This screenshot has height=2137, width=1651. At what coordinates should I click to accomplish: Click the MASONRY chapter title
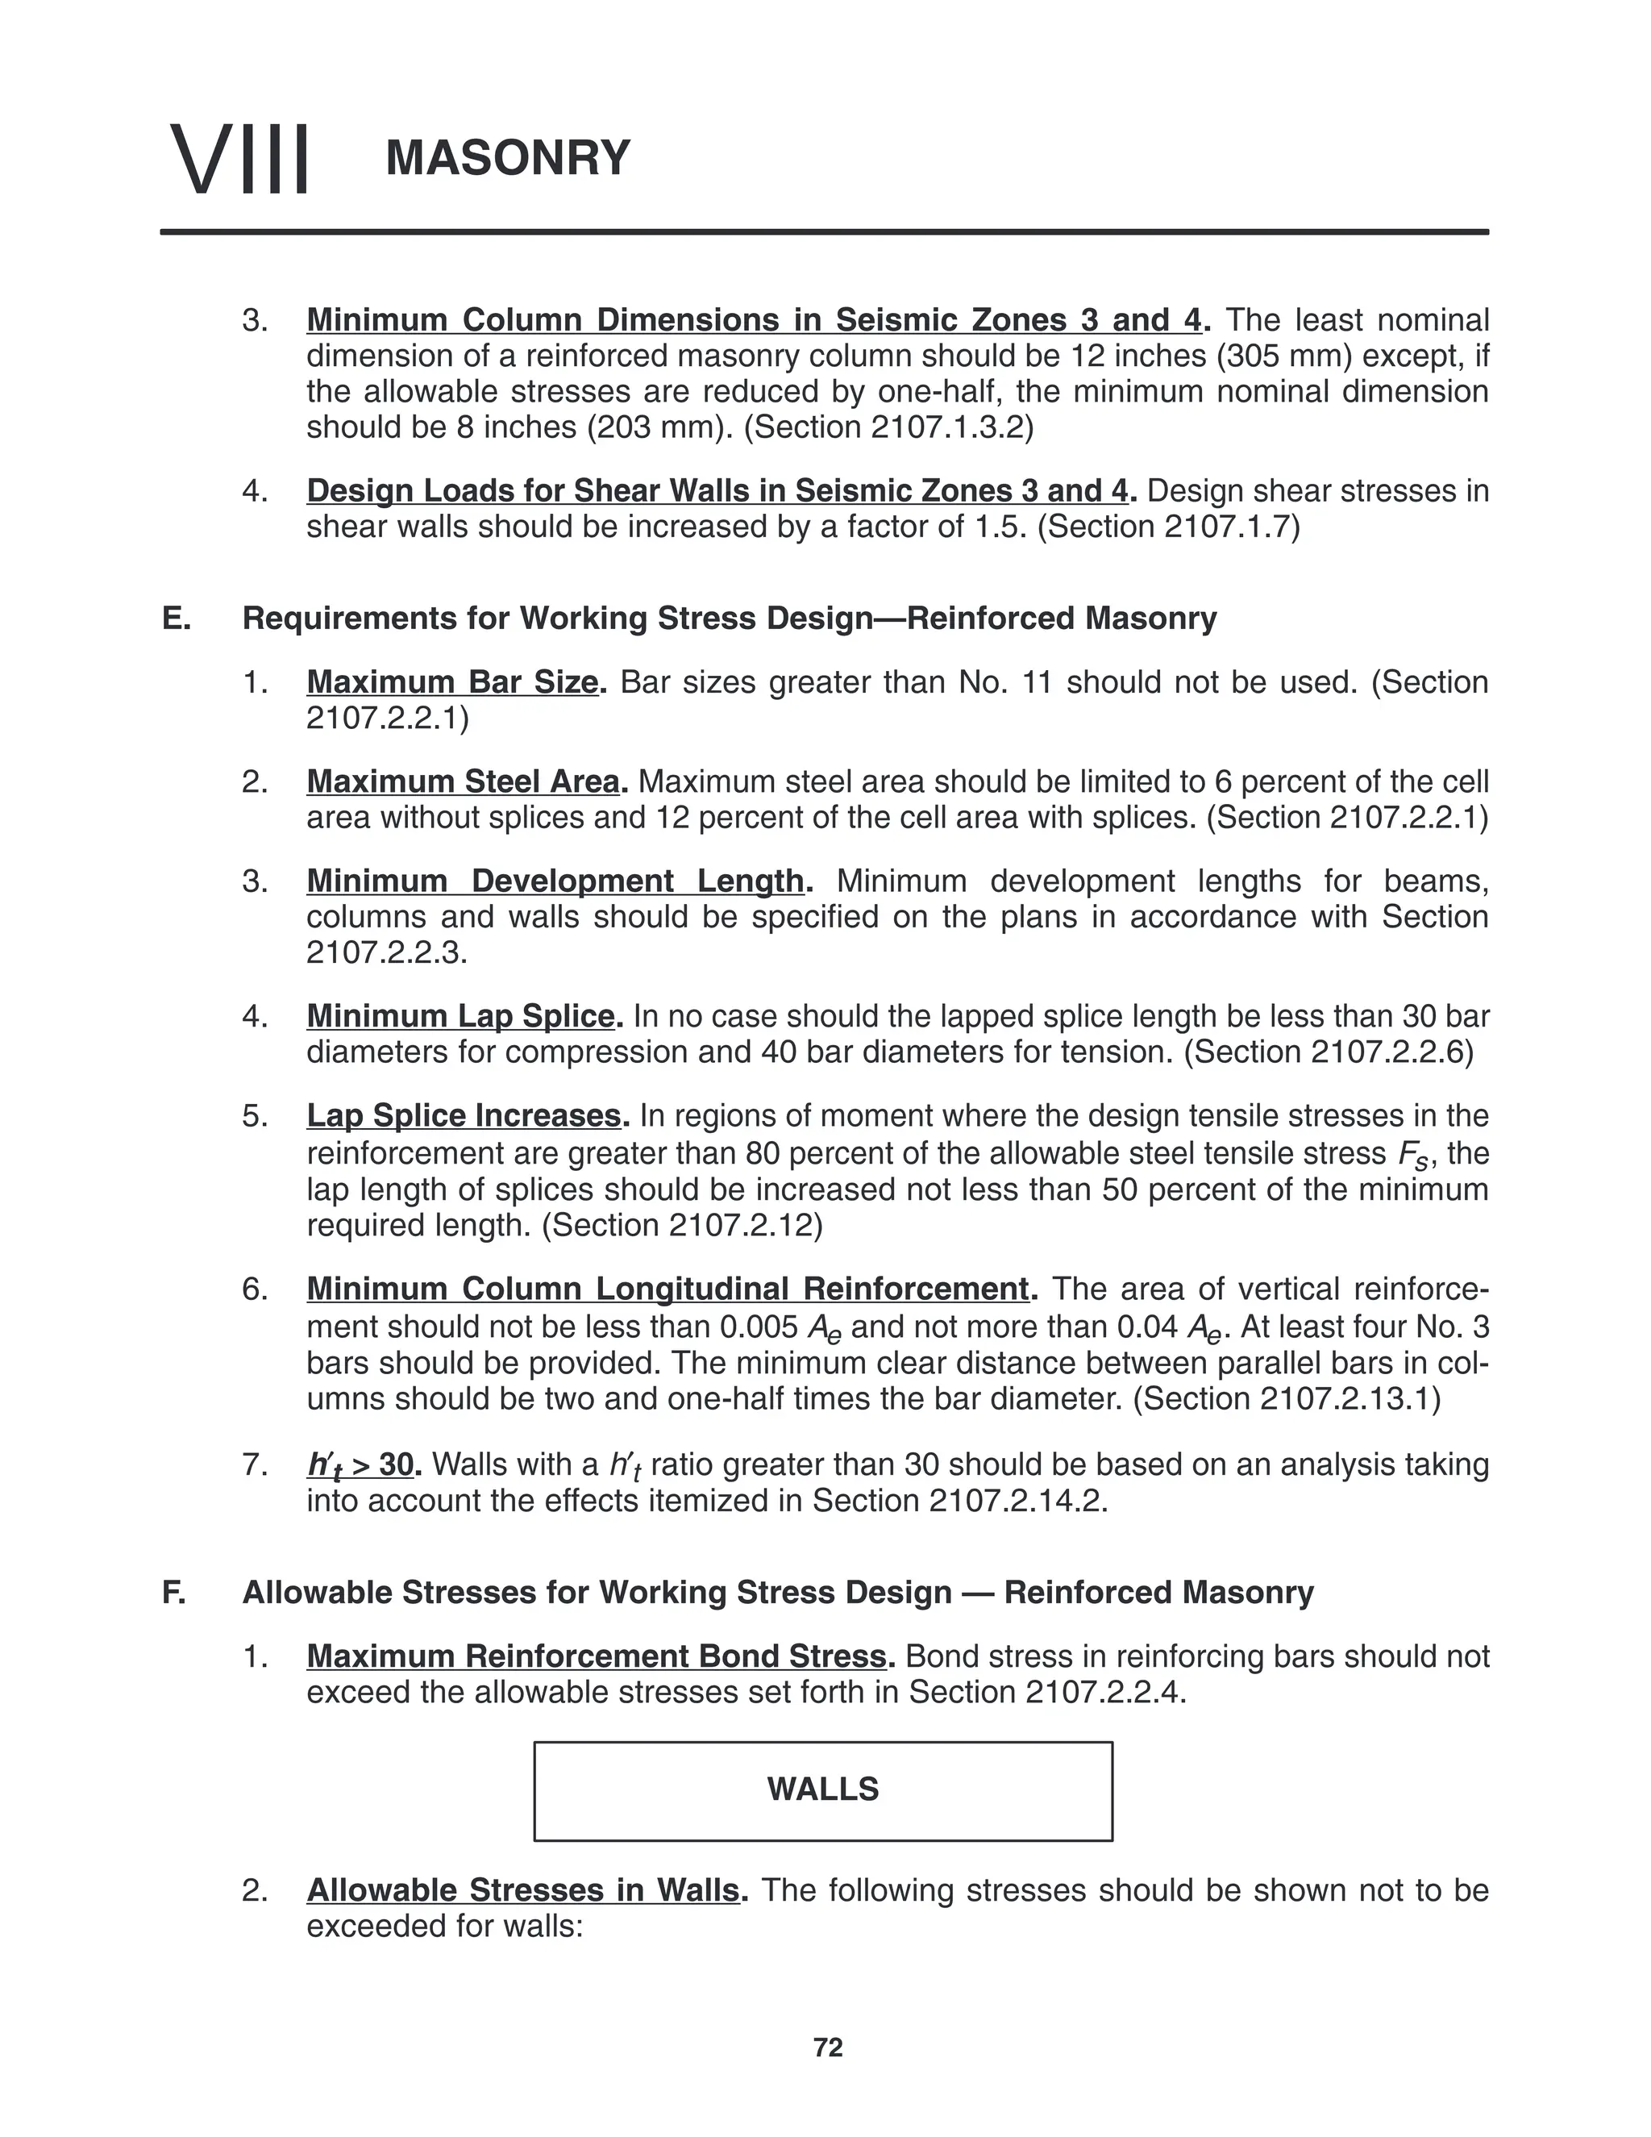508,159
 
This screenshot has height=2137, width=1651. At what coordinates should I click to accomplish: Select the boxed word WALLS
822,1789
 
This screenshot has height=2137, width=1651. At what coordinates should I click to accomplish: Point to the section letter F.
174,1592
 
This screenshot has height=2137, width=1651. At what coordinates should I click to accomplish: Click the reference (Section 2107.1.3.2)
888,427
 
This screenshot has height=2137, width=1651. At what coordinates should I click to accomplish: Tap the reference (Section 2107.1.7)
1169,527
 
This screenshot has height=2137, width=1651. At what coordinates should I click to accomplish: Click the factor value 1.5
1001,527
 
